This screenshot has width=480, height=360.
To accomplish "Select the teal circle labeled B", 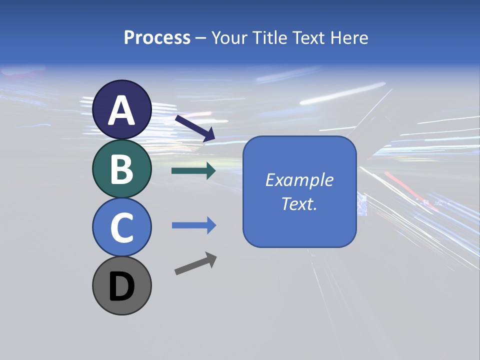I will [x=122, y=168].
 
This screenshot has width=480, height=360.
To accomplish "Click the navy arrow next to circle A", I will [x=195, y=128].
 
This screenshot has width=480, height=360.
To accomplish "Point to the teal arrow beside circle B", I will [x=193, y=171].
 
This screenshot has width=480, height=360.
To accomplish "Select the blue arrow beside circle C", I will [x=193, y=225].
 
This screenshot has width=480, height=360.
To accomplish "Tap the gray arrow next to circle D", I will [x=195, y=263].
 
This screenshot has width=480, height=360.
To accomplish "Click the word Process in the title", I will [x=157, y=37].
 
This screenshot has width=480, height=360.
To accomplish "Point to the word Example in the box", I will [x=299, y=180].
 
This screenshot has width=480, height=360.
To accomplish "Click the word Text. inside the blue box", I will [x=299, y=204].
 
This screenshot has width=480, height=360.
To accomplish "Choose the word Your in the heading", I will [x=230, y=37].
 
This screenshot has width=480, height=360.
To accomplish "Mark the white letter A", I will [x=122, y=110].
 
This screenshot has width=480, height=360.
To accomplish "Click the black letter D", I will [x=122, y=287].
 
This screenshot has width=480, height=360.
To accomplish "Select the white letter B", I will [x=122, y=169].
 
